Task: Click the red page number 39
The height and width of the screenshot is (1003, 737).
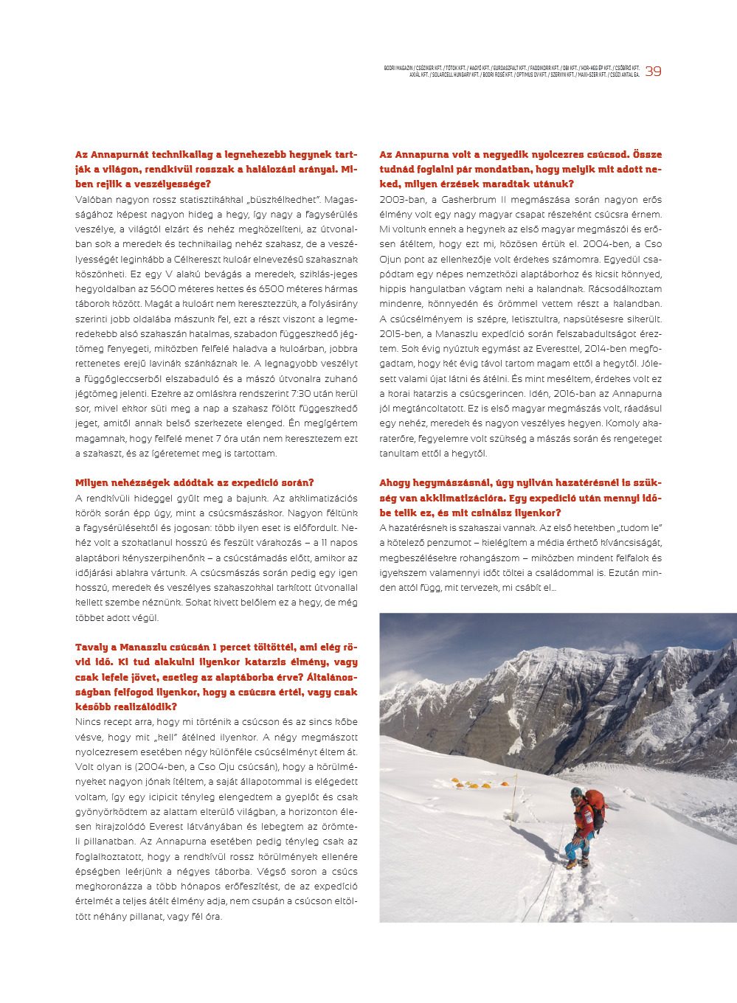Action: pos(653,72)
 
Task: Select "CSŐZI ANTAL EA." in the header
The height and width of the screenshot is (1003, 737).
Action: pos(624,74)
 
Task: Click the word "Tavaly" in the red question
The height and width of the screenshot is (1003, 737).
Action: pos(91,648)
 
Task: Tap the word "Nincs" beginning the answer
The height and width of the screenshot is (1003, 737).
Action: pos(89,722)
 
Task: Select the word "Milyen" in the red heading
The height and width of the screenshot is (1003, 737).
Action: pos(92,483)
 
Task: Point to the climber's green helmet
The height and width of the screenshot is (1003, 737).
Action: pos(575,791)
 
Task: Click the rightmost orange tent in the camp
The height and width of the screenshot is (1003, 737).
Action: pos(485,785)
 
